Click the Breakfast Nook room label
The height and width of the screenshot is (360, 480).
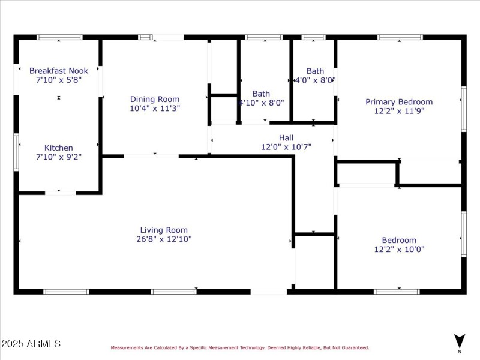59,71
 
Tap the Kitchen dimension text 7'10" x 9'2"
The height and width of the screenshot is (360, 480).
59,157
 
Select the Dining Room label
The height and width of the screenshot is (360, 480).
155,99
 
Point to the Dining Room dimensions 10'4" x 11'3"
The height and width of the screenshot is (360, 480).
155,109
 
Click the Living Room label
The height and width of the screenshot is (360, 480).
164,230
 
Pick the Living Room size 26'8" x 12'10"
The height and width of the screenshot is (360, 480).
164,239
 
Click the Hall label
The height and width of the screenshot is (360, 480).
286,137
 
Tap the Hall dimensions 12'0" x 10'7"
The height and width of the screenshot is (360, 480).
286,146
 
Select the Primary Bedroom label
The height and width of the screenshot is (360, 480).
399,102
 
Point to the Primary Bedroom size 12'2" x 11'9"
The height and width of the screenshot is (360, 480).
399,111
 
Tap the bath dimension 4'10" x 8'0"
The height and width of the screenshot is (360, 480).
262,103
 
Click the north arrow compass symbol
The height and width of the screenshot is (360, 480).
460,340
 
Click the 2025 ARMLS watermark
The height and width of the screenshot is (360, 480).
31,344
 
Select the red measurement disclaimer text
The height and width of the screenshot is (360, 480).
239,347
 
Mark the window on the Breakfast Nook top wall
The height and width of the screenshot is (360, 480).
59,37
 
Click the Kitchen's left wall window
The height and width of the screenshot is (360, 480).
16,144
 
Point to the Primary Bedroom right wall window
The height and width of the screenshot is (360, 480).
463,109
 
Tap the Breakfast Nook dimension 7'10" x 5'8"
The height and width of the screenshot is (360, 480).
59,80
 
